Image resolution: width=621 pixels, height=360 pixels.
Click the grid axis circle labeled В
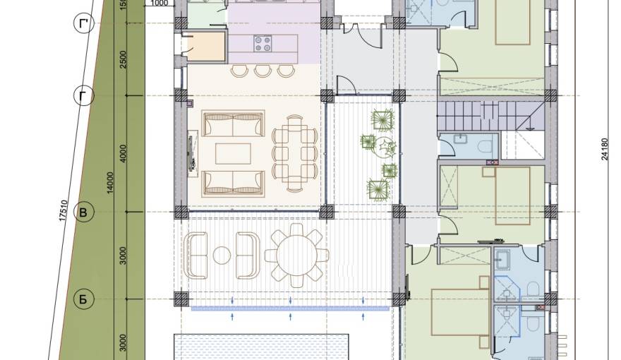[83, 212]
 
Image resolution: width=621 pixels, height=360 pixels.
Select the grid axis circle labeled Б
[83, 299]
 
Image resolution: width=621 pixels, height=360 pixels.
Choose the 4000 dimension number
[123, 155]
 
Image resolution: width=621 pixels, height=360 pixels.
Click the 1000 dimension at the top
[160, 3]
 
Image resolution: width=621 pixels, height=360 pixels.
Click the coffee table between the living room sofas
[234, 153]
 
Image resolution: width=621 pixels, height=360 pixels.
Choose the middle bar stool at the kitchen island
[263, 70]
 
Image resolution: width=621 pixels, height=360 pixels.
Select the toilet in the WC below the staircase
[486, 146]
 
